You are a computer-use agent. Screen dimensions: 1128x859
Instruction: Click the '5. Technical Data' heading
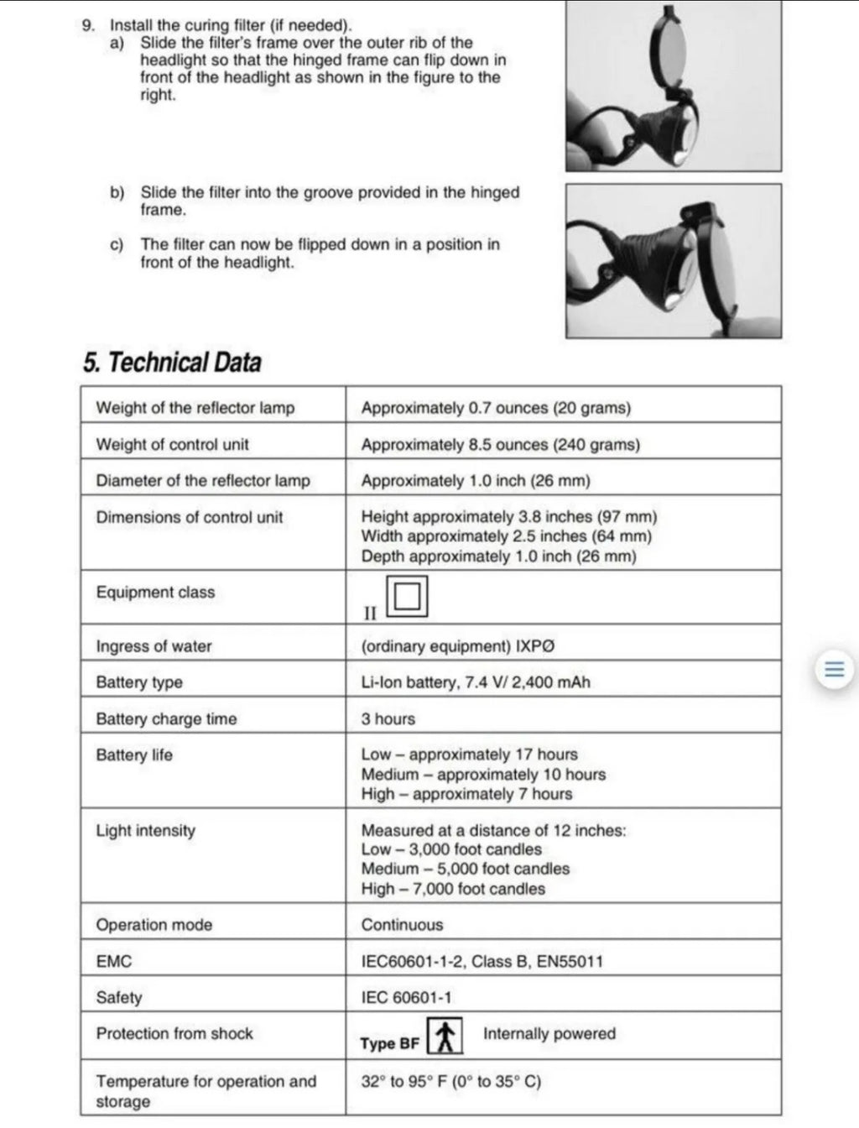[172, 363]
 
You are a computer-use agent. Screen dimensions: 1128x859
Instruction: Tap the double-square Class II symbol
[407, 596]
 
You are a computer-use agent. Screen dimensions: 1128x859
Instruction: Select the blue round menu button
[834, 671]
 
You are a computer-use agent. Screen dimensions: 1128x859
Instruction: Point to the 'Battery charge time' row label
[166, 718]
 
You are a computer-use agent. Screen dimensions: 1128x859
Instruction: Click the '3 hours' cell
[388, 718]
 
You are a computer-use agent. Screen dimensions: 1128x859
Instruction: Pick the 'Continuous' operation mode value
[402, 925]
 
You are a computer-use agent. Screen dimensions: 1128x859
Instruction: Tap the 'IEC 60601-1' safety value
[406, 997]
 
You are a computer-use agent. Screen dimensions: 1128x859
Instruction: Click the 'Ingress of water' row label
[154, 646]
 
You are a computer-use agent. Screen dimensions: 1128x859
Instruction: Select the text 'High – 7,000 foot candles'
[453, 889]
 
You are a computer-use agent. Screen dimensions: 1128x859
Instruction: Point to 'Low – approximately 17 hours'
[469, 755]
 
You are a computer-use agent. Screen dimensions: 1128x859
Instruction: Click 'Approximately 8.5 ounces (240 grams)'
[500, 445]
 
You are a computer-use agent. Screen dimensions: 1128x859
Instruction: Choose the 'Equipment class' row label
[155, 593]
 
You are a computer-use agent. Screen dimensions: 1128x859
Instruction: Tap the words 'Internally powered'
[549, 1034]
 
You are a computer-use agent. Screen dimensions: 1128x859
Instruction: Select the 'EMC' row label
[114, 961]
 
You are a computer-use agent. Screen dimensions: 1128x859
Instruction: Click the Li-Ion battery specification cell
[475, 682]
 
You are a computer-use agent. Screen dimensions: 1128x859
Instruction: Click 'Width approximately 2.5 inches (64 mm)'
[506, 536]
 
